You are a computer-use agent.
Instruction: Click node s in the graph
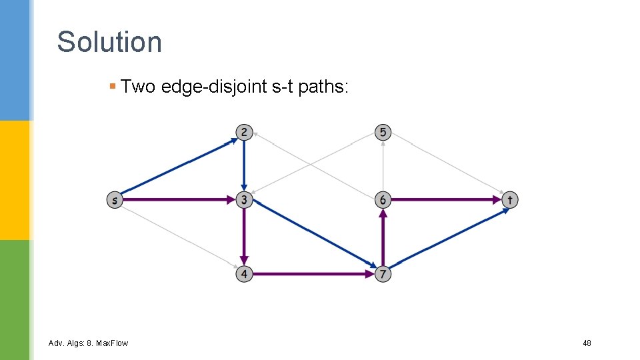[115, 199]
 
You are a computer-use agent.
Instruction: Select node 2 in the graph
[244, 132]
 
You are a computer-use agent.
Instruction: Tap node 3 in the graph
[244, 199]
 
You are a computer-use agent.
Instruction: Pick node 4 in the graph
[244, 273]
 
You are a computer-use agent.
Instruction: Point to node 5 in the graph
[382, 132]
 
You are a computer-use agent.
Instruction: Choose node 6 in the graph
[382, 199]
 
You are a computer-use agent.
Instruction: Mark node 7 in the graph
[382, 273]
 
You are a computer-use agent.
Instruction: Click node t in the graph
[509, 199]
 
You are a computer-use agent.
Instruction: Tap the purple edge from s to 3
[179, 199]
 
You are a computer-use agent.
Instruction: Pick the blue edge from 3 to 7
[313, 237]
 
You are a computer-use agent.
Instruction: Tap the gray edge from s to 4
[179, 236]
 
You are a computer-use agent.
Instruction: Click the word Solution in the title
[109, 41]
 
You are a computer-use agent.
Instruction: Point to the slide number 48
[587, 343]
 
